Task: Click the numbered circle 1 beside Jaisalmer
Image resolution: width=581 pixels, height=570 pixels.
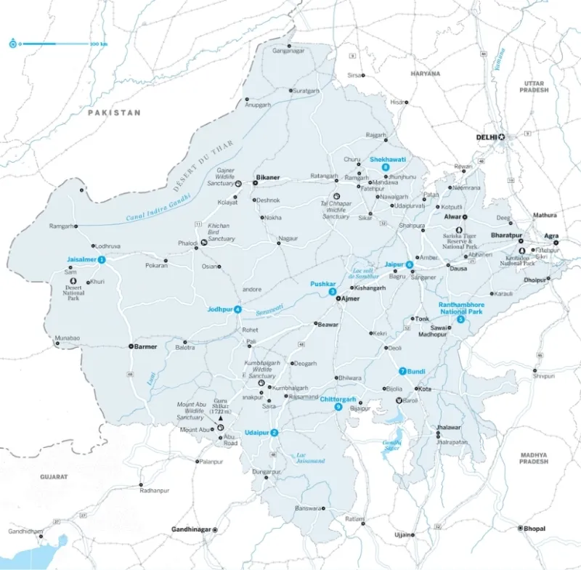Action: [102, 259]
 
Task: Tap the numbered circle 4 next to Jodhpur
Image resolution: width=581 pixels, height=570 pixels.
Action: [237, 310]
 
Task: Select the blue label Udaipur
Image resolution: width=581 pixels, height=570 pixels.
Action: [257, 433]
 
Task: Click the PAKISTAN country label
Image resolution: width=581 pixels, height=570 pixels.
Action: [114, 113]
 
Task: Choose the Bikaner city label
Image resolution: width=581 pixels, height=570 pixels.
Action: [267, 177]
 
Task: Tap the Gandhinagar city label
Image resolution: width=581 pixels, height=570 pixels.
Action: [190, 529]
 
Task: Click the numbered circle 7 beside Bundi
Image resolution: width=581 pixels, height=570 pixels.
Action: [402, 372]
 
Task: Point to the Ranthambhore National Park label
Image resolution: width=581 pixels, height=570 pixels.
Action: [461, 309]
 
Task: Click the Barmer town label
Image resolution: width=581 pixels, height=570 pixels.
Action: [145, 346]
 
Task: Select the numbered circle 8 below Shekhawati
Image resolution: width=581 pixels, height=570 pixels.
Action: [386, 168]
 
